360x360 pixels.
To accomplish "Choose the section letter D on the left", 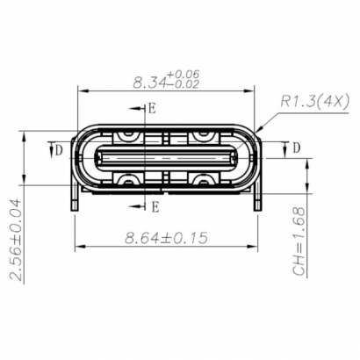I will (x=59, y=150).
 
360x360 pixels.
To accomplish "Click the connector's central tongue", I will (x=166, y=159).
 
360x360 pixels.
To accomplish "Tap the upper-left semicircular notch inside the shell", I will (x=128, y=136).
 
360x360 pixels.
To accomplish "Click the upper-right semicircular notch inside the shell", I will (x=204, y=136).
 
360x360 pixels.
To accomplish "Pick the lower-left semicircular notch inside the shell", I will (x=128, y=181).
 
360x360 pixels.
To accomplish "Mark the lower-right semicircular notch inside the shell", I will (x=204, y=181).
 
